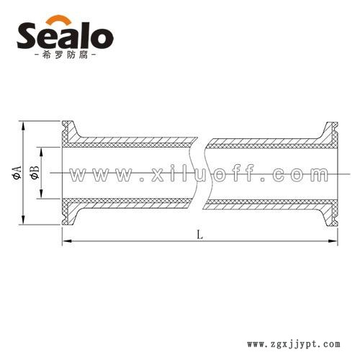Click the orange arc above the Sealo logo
coord(58,18)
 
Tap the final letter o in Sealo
coord(102,39)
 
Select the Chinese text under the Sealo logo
coord(65,55)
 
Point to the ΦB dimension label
coord(35,172)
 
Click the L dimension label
coord(200,235)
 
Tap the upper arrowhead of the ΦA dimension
coord(23,126)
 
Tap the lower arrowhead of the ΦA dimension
coord(23,220)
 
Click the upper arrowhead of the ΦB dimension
coord(41,152)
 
